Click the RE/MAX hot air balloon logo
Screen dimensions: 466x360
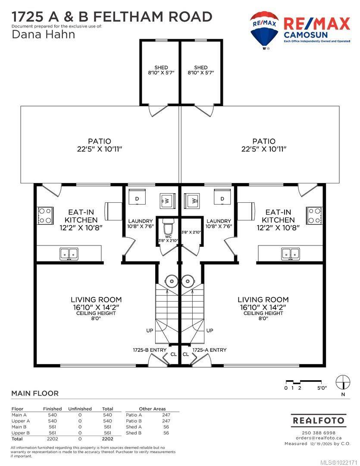coord(264,29)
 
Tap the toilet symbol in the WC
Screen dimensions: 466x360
coord(169,226)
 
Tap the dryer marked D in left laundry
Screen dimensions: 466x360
coord(137,199)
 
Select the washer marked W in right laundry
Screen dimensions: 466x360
coord(192,200)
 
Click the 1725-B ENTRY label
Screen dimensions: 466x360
coord(150,350)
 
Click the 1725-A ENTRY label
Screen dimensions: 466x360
coord(209,350)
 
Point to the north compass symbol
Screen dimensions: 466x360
coord(343,381)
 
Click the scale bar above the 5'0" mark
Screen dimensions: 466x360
coord(306,382)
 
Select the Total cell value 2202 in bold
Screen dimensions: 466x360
coord(107,438)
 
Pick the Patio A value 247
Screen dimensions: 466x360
coord(166,415)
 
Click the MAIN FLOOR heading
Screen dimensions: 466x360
coord(34,393)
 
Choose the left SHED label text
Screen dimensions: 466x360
coord(161,67)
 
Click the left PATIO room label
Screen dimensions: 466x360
coord(99,141)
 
